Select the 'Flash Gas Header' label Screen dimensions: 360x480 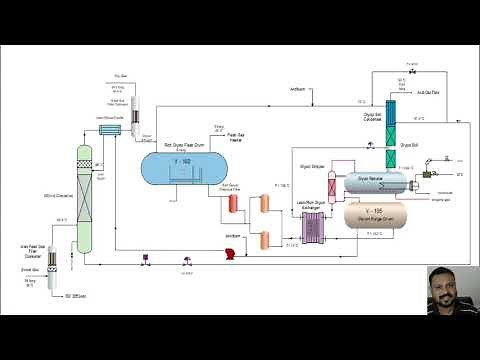pos(237,136)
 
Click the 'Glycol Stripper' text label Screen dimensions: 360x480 pos(314,153)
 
